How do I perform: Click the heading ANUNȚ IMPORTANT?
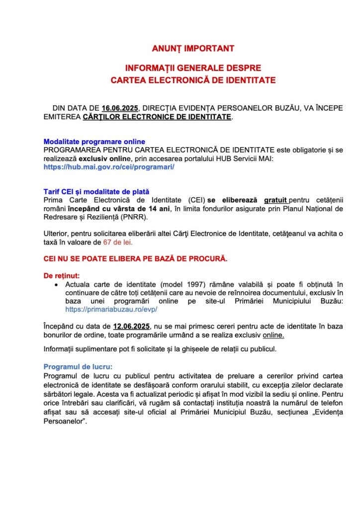coord(193,49)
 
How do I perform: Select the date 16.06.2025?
coord(120,107)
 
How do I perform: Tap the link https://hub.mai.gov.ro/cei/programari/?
coord(109,167)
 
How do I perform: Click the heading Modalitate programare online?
coord(94,142)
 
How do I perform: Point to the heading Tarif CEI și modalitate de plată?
coord(96,191)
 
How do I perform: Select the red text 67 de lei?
coord(118,242)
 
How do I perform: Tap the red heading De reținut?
coord(62,275)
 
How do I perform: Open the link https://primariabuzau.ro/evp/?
coord(111,309)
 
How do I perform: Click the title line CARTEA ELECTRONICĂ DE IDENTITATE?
coord(193,80)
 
